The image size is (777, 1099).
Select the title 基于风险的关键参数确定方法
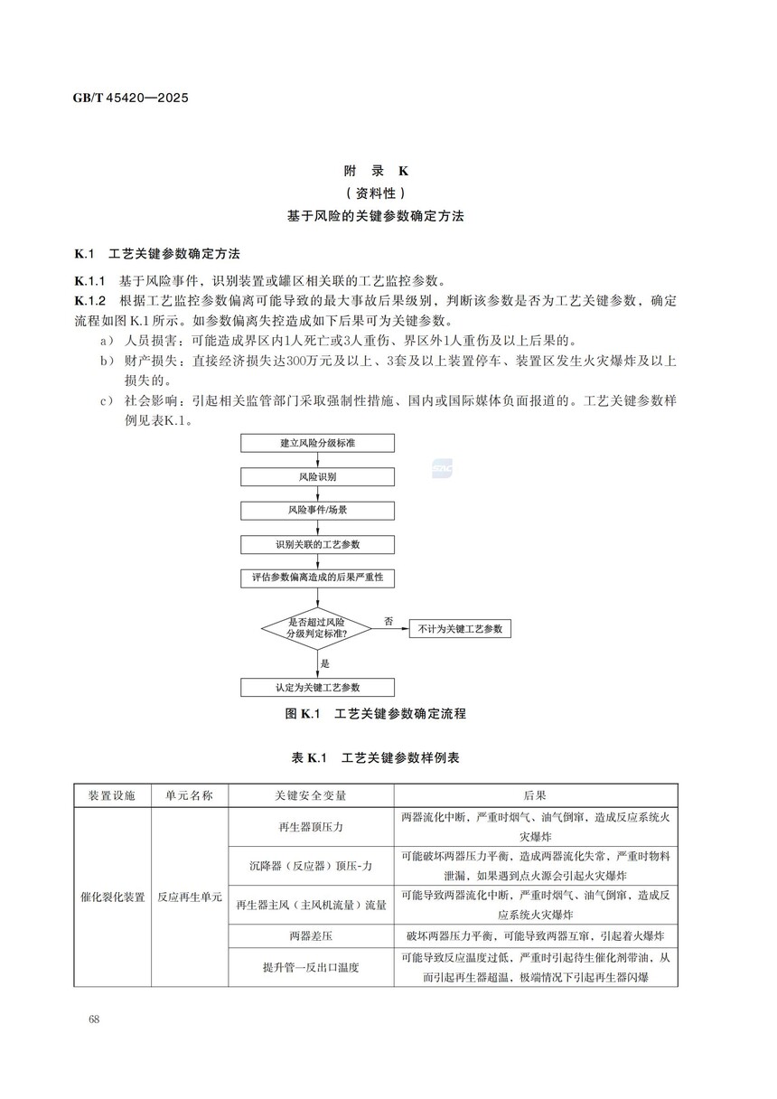click(x=376, y=216)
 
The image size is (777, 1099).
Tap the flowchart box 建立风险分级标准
click(x=317, y=443)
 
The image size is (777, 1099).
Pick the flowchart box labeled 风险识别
click(x=317, y=476)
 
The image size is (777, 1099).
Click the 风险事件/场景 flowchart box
click(x=317, y=511)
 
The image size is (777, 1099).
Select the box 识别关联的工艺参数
click(x=317, y=545)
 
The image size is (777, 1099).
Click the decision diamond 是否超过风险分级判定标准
click(x=317, y=627)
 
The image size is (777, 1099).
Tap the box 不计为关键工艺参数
click(x=460, y=628)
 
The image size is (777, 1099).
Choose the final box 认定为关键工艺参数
click(x=317, y=688)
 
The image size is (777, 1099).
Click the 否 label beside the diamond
click(x=388, y=621)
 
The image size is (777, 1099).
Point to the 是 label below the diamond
click(x=325, y=662)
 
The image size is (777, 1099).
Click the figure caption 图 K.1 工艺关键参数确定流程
click(x=376, y=714)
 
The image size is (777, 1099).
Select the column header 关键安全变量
click(x=311, y=796)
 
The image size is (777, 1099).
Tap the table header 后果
click(x=535, y=796)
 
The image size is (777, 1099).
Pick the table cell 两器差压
click(x=311, y=935)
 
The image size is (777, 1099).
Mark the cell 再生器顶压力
click(x=311, y=827)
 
